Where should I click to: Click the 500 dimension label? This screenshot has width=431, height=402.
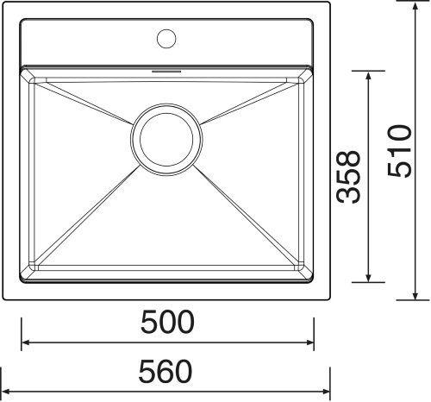(x=167, y=322)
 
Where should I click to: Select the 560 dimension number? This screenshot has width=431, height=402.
(x=166, y=371)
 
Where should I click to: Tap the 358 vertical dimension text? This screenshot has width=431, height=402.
(x=348, y=177)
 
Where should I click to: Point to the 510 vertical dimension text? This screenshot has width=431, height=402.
(x=400, y=151)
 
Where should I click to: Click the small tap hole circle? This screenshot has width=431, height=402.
(x=166, y=39)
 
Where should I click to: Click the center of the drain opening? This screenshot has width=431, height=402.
(x=166, y=140)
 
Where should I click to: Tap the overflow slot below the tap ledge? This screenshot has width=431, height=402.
(x=166, y=71)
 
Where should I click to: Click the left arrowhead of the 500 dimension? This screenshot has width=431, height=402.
(x=25, y=342)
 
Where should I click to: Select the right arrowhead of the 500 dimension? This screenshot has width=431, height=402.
(x=310, y=342)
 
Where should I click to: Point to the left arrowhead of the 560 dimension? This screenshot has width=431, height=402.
(x=6, y=392)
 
